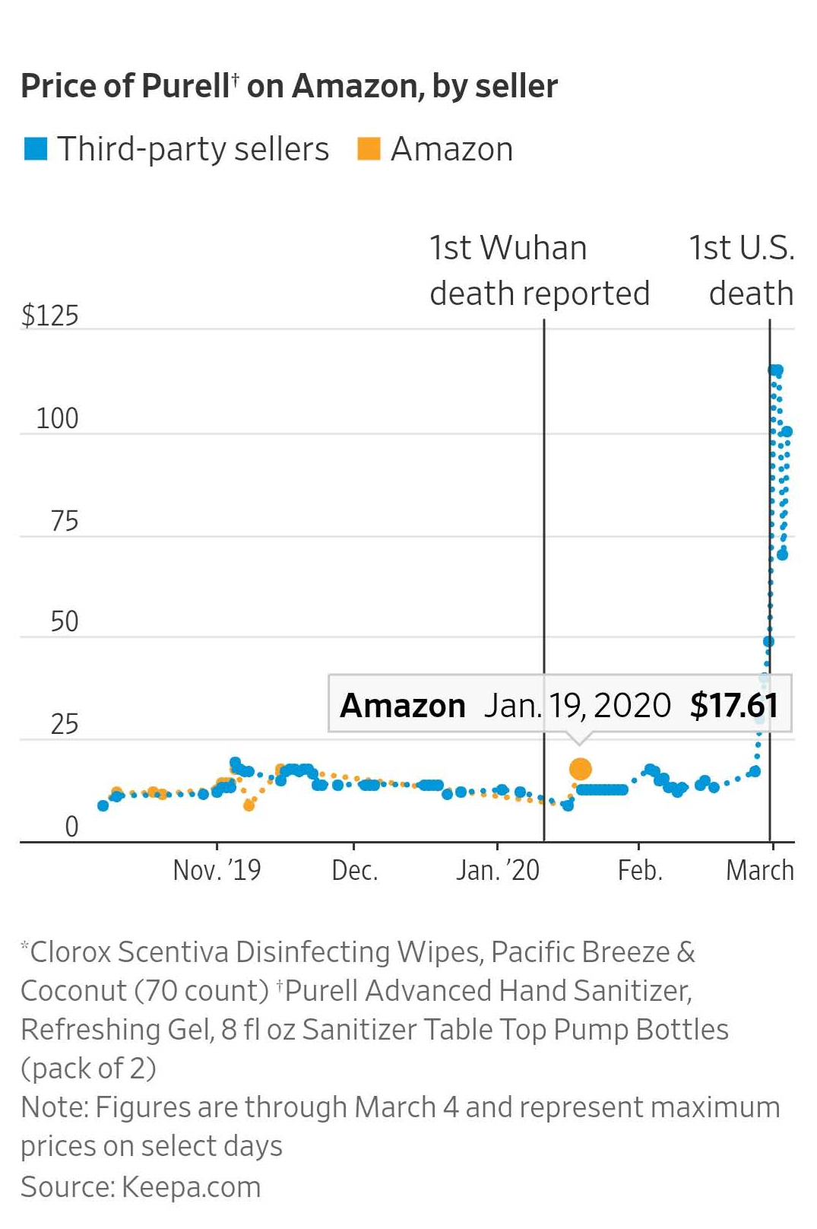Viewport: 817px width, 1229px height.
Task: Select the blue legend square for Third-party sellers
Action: [36, 149]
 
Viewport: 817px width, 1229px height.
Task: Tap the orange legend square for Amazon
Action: [369, 149]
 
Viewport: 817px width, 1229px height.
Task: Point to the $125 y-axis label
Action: [50, 316]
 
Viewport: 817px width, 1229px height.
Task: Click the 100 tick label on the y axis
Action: [57, 418]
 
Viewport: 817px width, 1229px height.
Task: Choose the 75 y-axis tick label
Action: [65, 521]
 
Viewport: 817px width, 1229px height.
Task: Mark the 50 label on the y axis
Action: [65, 621]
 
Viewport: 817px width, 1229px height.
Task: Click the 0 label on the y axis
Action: [71, 826]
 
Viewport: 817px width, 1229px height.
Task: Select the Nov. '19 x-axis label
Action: [217, 870]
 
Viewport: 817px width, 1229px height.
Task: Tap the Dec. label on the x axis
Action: [354, 870]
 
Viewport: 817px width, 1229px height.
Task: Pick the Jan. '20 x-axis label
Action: [498, 870]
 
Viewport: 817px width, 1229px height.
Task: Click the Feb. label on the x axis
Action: [640, 870]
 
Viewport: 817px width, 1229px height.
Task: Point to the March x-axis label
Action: [759, 870]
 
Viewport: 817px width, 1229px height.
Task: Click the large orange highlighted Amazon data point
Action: [580, 769]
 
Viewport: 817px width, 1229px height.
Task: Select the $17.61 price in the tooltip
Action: [734, 706]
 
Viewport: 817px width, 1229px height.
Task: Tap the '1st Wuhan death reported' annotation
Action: [539, 271]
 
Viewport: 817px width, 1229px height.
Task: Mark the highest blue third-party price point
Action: [775, 370]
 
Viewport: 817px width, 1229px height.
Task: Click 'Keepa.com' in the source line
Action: [191, 1187]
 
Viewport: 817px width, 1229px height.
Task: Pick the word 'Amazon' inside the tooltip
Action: [403, 706]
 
